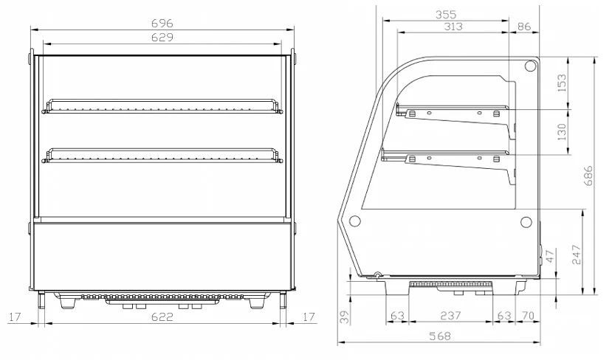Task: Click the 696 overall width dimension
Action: coord(162,24)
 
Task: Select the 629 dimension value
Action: coord(162,38)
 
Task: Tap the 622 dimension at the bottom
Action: coord(162,316)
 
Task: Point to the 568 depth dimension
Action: coord(440,336)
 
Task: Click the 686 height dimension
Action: coord(588,176)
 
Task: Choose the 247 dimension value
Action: coord(577,255)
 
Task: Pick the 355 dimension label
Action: coord(446,15)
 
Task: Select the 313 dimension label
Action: coord(453,27)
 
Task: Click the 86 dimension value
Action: coord(524,27)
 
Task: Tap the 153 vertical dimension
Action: coord(561,83)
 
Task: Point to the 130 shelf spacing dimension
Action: coord(561,132)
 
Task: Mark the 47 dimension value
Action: coord(549,257)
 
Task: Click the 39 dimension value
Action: coord(344,317)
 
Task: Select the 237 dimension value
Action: coord(450,315)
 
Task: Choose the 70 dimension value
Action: coord(528,315)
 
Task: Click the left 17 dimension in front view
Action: coord(15,316)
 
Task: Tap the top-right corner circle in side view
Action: coord(531,66)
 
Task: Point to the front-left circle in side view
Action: coord(355,221)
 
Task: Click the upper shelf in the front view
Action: coord(162,106)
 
